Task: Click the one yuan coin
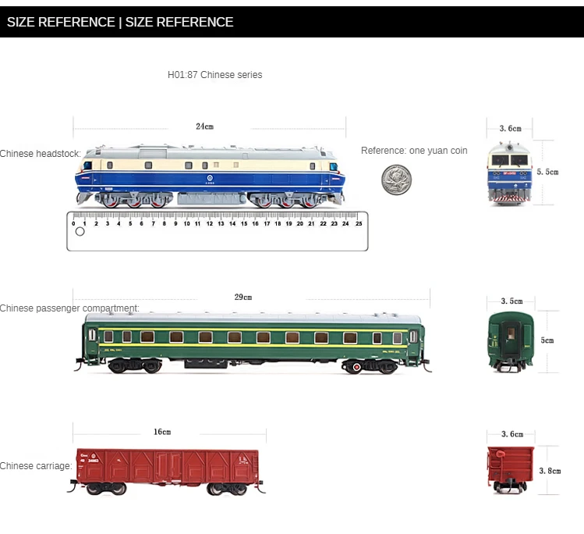point(396,180)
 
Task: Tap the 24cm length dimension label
point(204,126)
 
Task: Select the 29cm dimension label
point(243,297)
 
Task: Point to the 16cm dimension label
point(162,432)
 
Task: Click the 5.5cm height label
point(547,172)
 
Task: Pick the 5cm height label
point(547,340)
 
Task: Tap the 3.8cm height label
point(550,471)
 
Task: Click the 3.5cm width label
point(511,301)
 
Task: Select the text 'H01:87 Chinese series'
point(215,75)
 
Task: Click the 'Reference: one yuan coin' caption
point(414,151)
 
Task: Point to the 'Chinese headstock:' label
point(40,154)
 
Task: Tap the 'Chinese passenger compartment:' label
point(69,308)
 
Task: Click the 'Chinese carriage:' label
point(36,466)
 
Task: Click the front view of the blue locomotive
point(511,173)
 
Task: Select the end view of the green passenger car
point(511,341)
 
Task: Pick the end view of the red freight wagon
point(511,468)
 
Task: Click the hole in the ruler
point(80,232)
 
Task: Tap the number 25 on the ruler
point(359,223)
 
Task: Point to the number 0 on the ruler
point(74,223)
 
